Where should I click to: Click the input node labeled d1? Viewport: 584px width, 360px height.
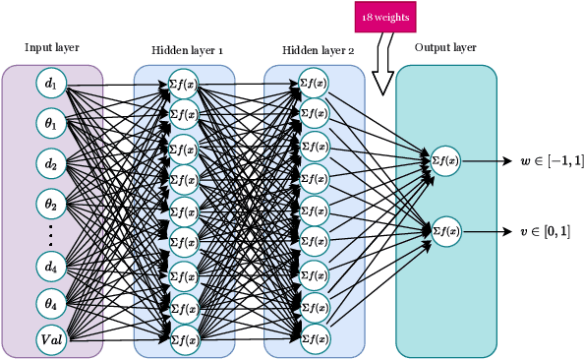click(x=51, y=85)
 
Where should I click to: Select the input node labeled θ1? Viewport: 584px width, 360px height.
click(x=51, y=123)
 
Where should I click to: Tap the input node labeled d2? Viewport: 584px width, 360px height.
click(x=51, y=161)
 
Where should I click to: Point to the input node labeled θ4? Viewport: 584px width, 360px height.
click(x=51, y=302)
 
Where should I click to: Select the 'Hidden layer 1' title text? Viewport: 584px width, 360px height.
click(x=188, y=49)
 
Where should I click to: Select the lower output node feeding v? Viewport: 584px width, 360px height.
click(x=445, y=231)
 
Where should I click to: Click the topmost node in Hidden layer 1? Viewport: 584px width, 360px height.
click(x=184, y=85)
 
